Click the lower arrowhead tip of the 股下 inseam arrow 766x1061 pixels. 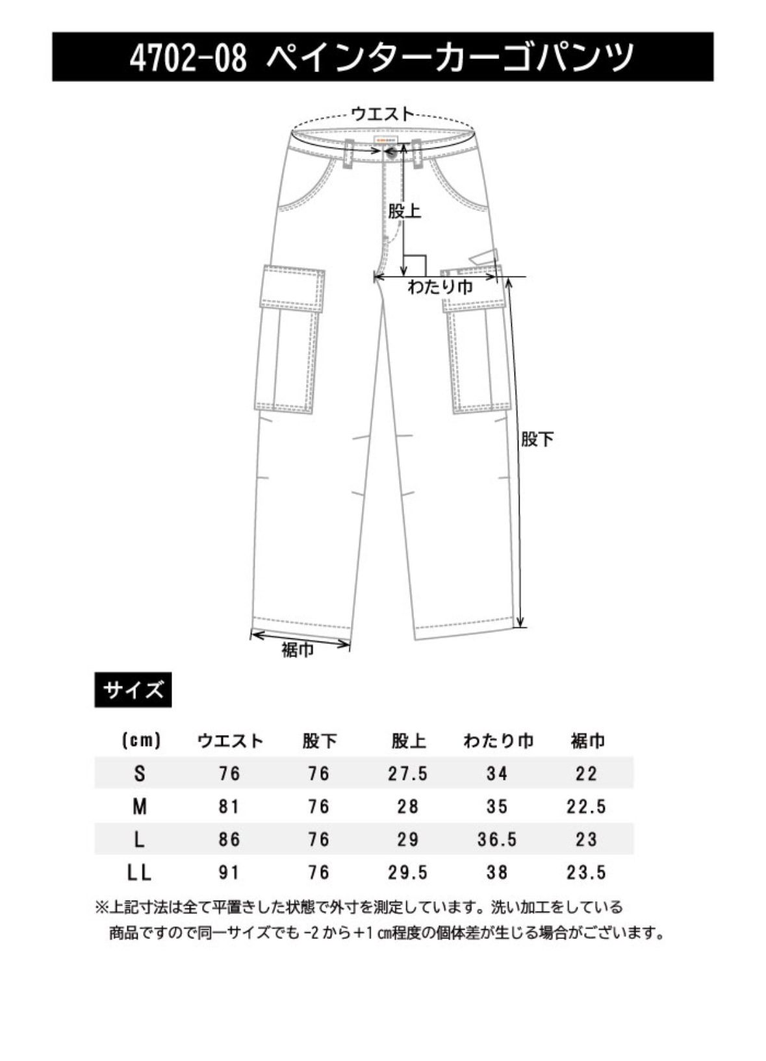click(x=521, y=628)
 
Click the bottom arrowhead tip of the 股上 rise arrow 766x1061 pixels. click(x=404, y=275)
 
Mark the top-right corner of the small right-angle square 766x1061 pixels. click(x=426, y=256)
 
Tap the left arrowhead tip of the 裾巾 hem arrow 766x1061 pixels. click(x=251, y=632)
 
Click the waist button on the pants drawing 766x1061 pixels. click(x=392, y=151)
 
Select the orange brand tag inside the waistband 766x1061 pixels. click(x=387, y=139)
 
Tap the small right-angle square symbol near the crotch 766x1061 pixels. click(x=415, y=266)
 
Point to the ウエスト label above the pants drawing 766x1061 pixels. click(x=382, y=114)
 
